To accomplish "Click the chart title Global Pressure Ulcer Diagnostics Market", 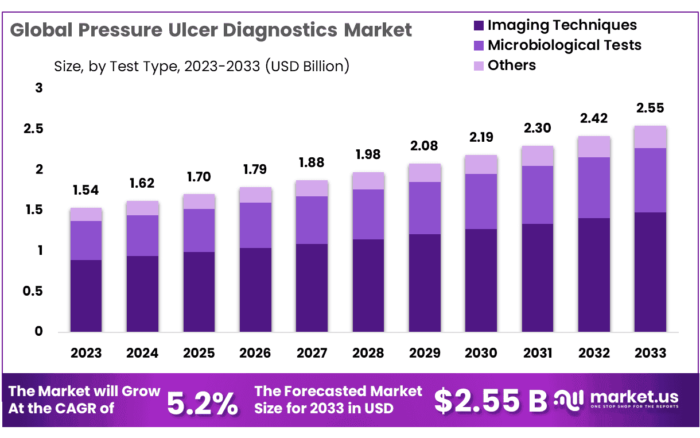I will (211, 30).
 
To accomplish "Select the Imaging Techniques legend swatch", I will (479, 26).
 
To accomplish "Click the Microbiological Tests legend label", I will (564, 45).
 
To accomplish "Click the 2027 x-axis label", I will (312, 352).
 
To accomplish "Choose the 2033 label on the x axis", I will (650, 352).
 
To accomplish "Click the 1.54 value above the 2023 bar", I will (86, 190).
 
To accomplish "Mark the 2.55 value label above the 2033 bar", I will (650, 108).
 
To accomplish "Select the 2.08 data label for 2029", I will (425, 146).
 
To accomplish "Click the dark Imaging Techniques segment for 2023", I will (86, 296).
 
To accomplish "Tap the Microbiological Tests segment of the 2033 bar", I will (650, 180).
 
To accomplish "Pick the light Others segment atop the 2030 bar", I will (481, 164).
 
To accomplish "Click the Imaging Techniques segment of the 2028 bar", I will (368, 285).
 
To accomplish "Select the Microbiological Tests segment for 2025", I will (199, 230).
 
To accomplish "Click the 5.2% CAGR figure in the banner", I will (203, 404).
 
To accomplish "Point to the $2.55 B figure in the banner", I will (491, 401).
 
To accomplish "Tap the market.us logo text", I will (633, 397).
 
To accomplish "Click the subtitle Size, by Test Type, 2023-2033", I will (201, 67).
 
